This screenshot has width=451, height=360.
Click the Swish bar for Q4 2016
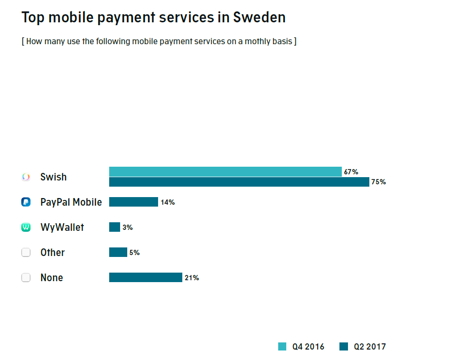tap(225, 171)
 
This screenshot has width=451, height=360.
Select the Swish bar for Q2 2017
tap(239, 182)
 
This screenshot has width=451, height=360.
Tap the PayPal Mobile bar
tap(133, 202)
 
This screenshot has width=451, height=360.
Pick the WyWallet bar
tap(114, 227)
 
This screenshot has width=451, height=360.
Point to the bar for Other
tap(118, 252)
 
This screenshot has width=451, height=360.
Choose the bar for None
tap(146, 277)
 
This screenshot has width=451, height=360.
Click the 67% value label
tap(351, 172)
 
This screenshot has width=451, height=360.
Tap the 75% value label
tap(378, 182)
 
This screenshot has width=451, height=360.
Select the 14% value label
tap(168, 202)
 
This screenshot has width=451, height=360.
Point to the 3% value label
tap(127, 227)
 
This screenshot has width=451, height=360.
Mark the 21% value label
tap(192, 278)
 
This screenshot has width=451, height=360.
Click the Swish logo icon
tap(26, 177)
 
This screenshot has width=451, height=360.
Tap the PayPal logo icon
tap(26, 202)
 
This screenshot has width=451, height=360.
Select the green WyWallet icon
tap(26, 227)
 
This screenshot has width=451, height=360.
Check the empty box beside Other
tap(26, 253)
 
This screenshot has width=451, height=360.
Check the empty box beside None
tap(26, 278)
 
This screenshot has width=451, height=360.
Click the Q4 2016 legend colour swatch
tap(282, 347)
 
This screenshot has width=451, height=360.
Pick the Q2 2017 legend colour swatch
tap(344, 347)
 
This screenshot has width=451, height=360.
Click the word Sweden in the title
tap(259, 18)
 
